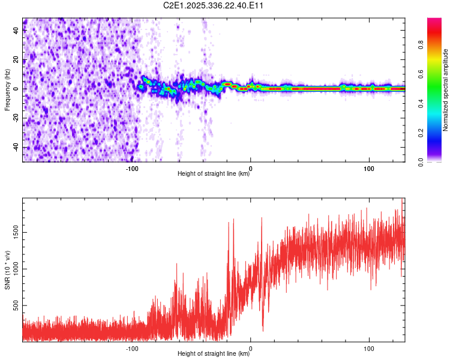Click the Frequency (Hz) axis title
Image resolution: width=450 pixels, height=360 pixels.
click(x=7, y=89)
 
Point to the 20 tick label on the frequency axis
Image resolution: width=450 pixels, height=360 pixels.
click(x=17, y=59)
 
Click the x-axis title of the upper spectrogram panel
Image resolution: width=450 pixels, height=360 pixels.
click(x=214, y=174)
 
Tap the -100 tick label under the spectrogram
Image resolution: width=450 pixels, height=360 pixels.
click(x=133, y=169)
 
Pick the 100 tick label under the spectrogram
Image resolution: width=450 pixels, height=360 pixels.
click(x=369, y=169)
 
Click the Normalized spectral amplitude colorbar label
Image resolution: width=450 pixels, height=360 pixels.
click(x=446, y=90)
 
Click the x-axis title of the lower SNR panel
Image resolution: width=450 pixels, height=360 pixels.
click(x=214, y=354)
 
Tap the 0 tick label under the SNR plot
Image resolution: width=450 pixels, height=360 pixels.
click(x=251, y=349)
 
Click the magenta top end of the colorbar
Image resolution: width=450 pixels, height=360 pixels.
click(x=434, y=21)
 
